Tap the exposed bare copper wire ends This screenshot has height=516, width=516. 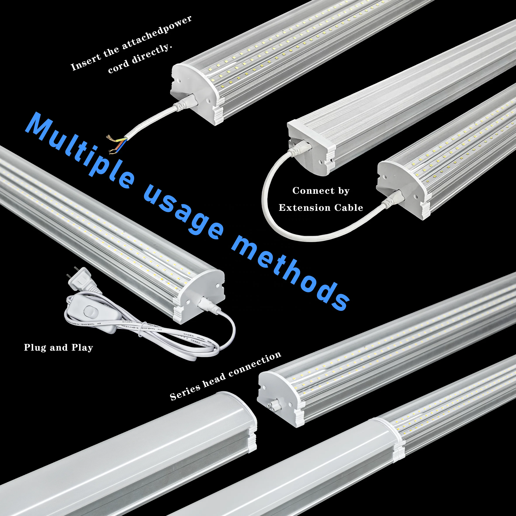coord(115,144)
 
